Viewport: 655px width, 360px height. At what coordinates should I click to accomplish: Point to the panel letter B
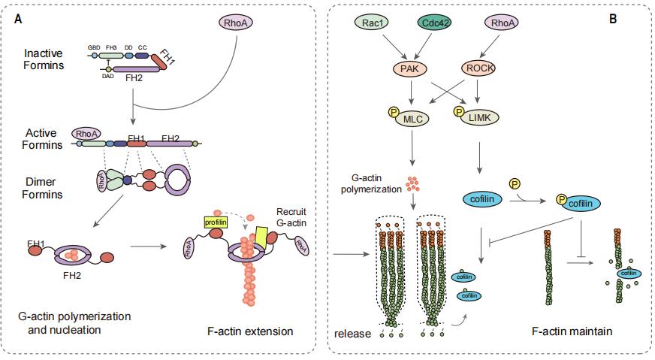click(613, 18)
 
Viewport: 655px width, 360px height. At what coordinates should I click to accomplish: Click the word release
click(353, 331)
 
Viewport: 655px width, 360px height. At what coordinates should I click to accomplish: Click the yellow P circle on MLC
click(392, 113)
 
